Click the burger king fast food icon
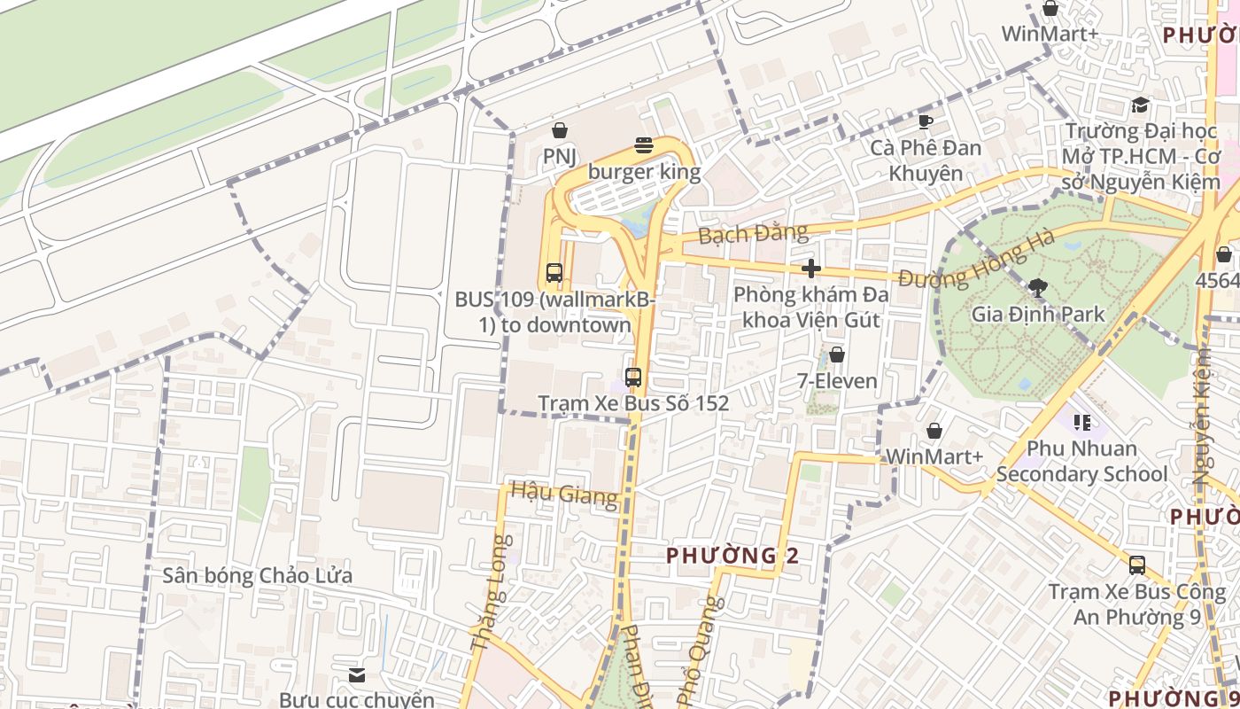[644, 145]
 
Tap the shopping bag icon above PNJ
[559, 131]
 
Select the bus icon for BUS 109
[554, 273]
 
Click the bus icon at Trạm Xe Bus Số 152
[632, 377]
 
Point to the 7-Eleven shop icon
[836, 355]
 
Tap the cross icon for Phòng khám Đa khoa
[810, 269]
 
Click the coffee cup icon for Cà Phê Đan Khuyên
[925, 121]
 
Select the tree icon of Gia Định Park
[1037, 287]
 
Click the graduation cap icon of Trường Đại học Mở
[1140, 105]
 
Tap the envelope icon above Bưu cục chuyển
[357, 675]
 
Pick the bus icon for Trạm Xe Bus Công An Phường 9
[1137, 565]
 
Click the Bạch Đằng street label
[753, 234]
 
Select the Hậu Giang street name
[564, 493]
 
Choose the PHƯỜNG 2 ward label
[732, 556]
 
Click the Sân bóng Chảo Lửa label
[257, 576]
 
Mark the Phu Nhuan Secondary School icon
[1081, 423]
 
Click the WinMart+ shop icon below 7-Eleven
[934, 431]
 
